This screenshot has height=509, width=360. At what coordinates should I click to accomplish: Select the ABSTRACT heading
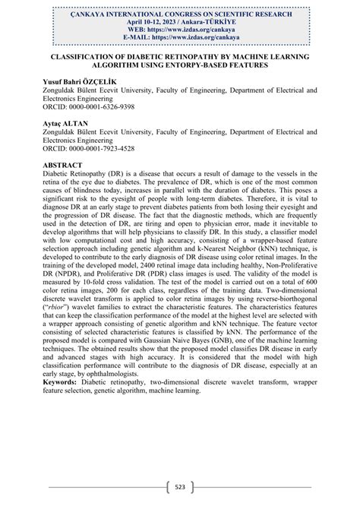[67, 163]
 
